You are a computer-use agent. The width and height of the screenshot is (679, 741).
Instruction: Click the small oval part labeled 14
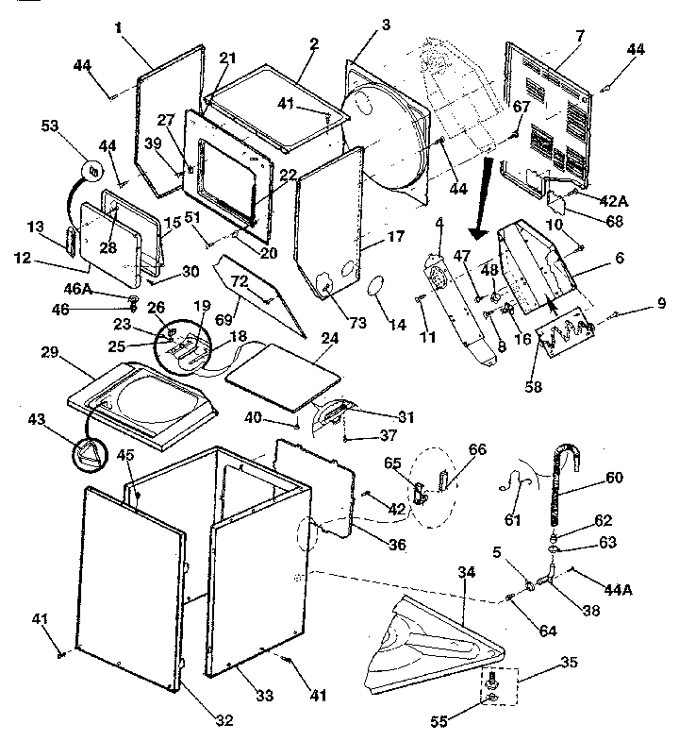coord(375,287)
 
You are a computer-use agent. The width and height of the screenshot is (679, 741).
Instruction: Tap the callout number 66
coord(477,450)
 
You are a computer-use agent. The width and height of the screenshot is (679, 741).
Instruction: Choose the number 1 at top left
coord(120,29)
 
